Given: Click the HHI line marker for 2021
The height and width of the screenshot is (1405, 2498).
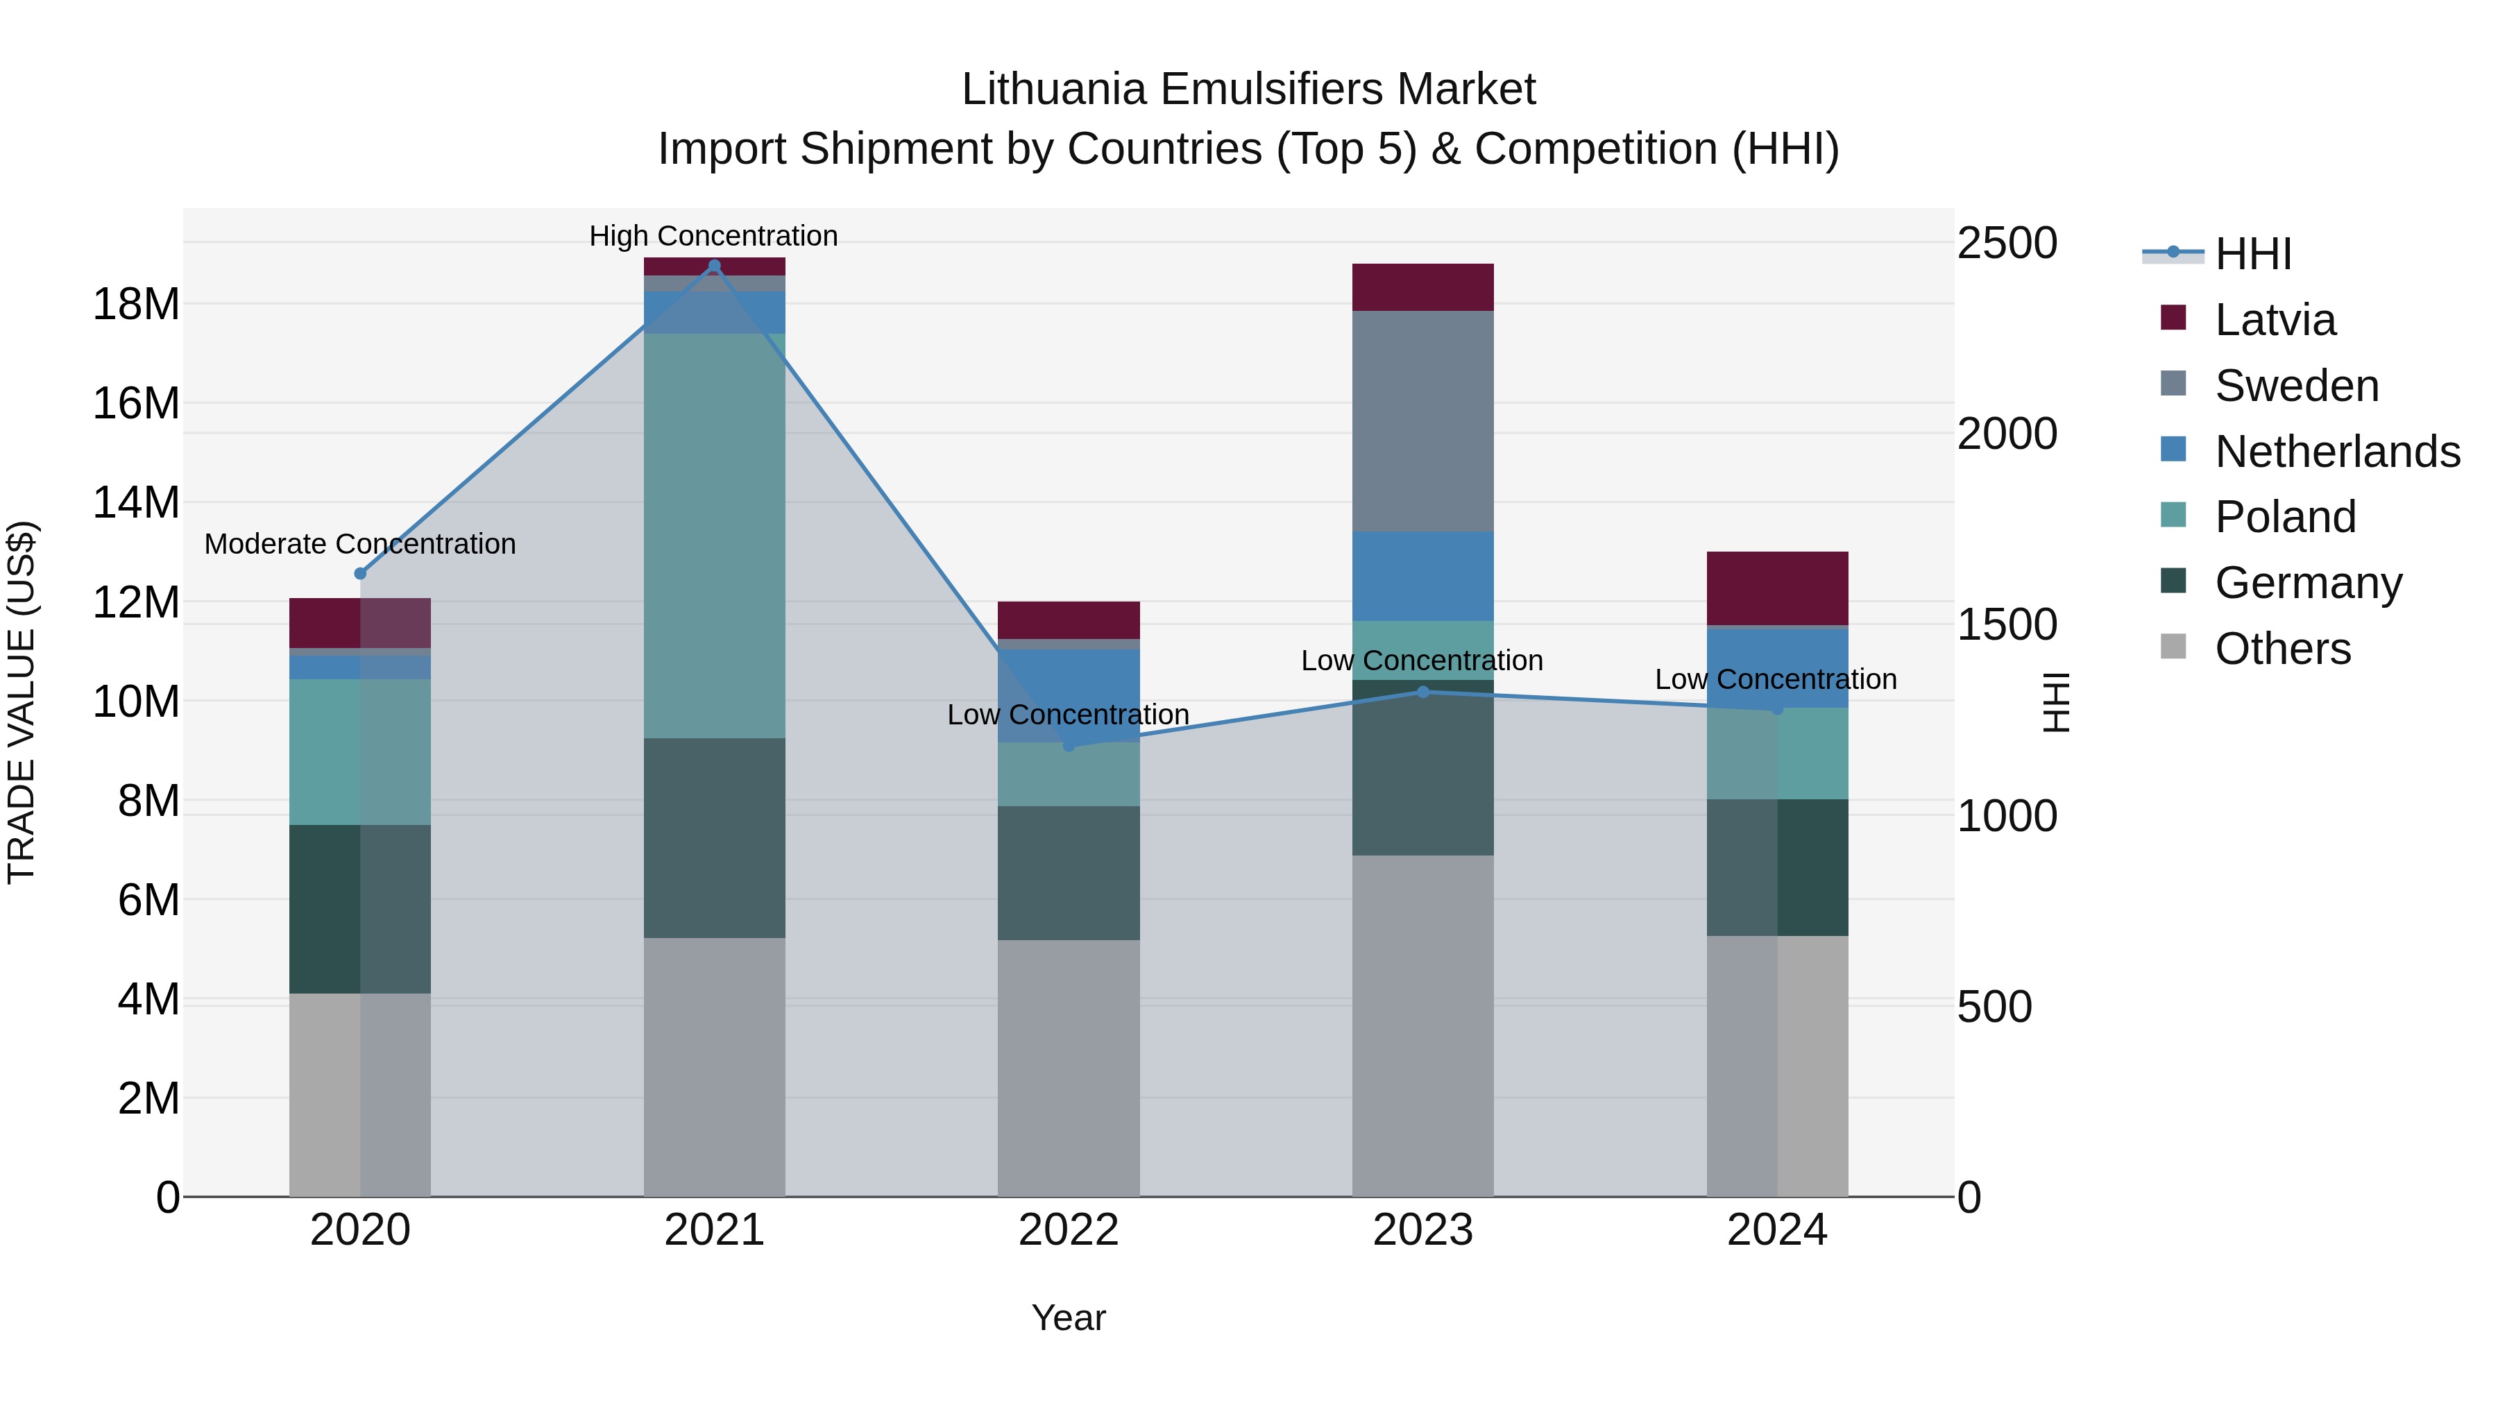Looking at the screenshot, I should (x=714, y=266).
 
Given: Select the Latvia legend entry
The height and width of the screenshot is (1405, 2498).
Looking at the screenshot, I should (x=2274, y=320).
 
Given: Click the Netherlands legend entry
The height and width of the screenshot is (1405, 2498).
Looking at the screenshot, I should (x=2336, y=452).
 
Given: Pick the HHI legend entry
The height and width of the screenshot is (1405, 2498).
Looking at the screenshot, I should (x=2252, y=254).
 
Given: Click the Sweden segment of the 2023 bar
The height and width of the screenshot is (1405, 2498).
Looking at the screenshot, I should (x=1422, y=421).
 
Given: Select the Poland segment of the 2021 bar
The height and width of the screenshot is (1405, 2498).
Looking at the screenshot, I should (x=714, y=535).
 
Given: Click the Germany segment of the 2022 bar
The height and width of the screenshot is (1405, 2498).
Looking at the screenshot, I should (x=1069, y=873).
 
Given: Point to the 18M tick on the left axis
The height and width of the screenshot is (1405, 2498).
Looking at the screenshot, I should (x=136, y=305).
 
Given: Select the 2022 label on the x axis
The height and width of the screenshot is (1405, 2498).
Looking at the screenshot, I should (x=1069, y=1230).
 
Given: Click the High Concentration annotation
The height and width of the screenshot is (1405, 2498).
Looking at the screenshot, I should (x=714, y=236).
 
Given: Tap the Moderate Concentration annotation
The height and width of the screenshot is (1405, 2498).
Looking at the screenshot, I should (x=359, y=544).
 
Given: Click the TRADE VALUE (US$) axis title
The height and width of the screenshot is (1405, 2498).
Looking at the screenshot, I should (x=22, y=702).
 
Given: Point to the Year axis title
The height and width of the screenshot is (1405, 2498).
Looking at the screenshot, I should (x=1069, y=1318).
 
